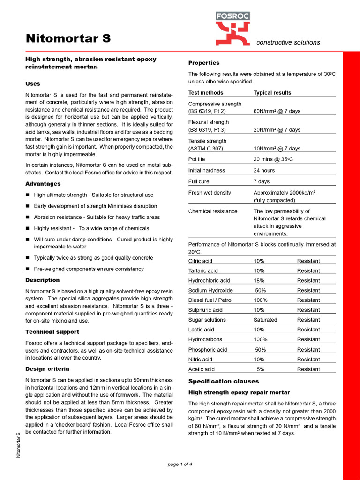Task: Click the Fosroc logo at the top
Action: pyautogui.click(x=232, y=29)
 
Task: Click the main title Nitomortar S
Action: pyautogui.click(x=68, y=38)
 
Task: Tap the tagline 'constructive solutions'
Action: pyautogui.click(x=288, y=43)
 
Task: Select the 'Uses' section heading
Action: pyautogui.click(x=33, y=84)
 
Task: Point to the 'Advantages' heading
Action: pyautogui.click(x=43, y=184)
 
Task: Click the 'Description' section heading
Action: pyautogui.click(x=42, y=280)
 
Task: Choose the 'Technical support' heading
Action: pyautogui.click(x=52, y=332)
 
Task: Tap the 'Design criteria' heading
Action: pyautogui.click(x=47, y=369)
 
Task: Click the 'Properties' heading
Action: pyautogui.click(x=203, y=63)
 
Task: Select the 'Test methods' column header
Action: pyautogui.click(x=206, y=93)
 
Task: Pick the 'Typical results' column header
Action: pyautogui.click(x=272, y=93)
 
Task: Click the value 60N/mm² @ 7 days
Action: pyautogui.click(x=277, y=111)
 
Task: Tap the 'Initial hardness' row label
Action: pyautogui.click(x=206, y=171)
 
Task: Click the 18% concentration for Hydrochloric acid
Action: pyautogui.click(x=259, y=281)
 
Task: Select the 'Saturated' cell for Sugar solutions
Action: pyautogui.click(x=265, y=320)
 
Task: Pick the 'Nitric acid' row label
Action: pyautogui.click(x=200, y=360)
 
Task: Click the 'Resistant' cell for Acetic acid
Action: pyautogui.click(x=308, y=369)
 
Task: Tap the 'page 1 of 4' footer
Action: pyautogui.click(x=180, y=465)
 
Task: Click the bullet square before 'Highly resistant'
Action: pyautogui.click(x=28, y=228)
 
